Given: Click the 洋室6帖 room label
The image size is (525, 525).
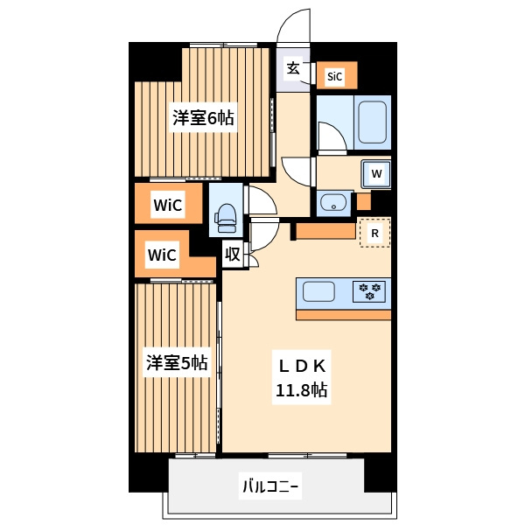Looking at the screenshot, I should [x=203, y=118].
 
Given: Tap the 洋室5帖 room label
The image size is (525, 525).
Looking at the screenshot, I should [x=177, y=361].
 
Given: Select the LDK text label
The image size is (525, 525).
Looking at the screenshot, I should [x=303, y=365].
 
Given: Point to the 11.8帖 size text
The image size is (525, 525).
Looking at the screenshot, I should [x=303, y=390].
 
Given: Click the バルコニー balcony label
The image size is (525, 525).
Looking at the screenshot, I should [x=270, y=486].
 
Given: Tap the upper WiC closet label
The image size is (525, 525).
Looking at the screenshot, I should [x=167, y=206].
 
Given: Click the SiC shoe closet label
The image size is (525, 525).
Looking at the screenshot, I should [x=335, y=77].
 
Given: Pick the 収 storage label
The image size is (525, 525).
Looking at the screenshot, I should [x=233, y=255].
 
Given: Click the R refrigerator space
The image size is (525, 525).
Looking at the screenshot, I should [x=374, y=234].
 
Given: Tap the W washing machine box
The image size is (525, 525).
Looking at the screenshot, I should [x=376, y=173].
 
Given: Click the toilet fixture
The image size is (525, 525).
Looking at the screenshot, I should [x=226, y=215].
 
